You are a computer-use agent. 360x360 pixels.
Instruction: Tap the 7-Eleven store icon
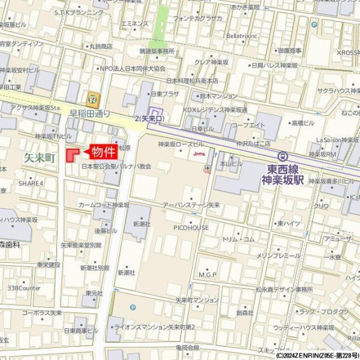92,96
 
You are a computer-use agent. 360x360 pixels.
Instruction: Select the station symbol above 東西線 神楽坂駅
283,155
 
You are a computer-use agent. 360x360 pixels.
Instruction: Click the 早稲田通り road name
89,113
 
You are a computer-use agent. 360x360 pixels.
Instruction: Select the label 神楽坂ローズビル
181,144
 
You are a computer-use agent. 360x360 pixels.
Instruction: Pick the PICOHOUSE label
191,227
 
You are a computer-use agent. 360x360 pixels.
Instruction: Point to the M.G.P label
208,275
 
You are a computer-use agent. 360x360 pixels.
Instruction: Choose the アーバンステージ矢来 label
191,205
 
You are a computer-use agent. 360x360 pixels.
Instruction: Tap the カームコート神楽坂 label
104,205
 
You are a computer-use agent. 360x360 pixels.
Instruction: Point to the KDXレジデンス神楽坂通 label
215,110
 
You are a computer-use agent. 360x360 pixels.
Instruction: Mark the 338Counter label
24,288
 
